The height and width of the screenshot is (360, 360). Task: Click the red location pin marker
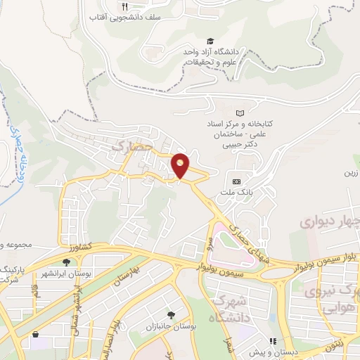(x=180, y=166)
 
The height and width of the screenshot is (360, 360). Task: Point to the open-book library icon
(x=240, y=112)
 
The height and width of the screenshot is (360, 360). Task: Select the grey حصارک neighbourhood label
(x=127, y=146)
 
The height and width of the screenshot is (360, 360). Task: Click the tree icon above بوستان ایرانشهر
(x=66, y=262)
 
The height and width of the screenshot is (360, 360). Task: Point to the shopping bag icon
(x=34, y=334)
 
